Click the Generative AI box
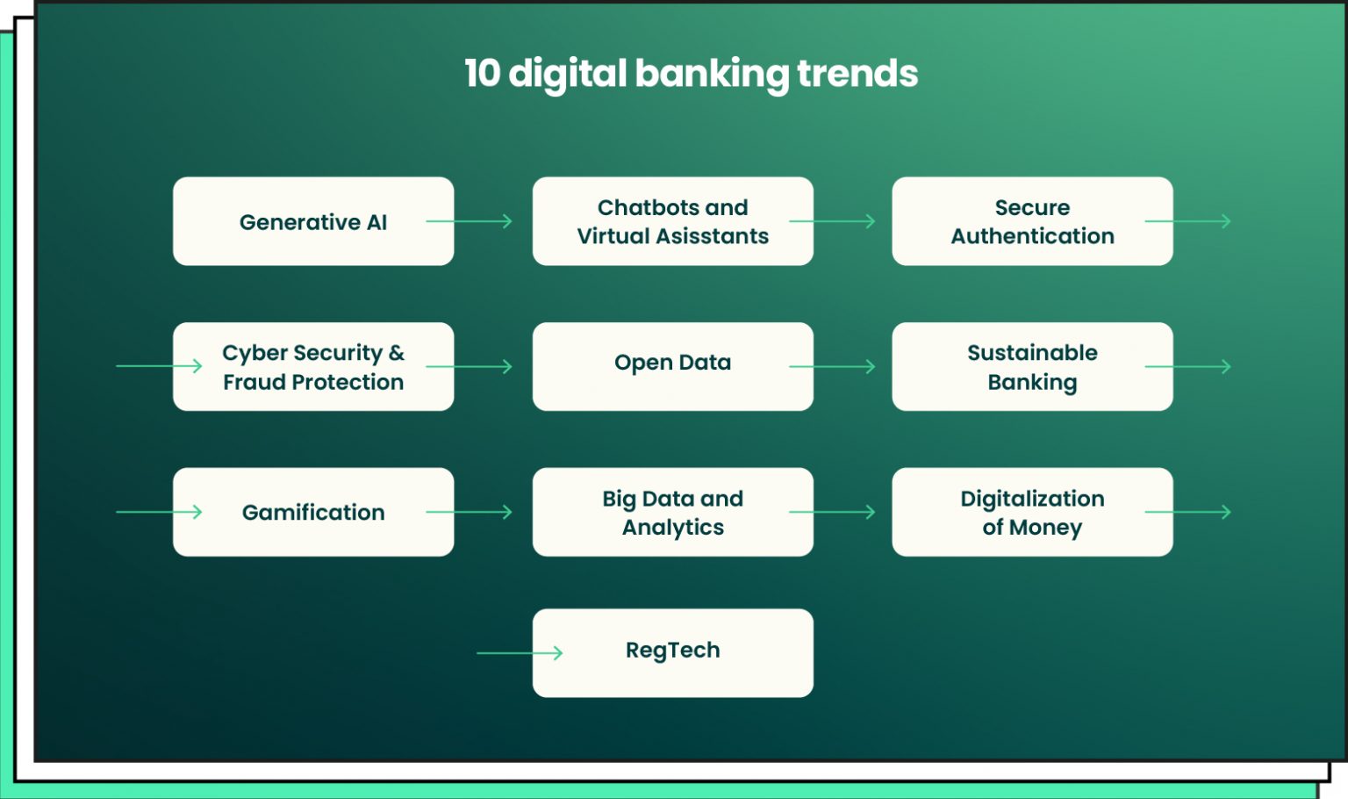tap(313, 221)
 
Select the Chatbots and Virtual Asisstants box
tap(672, 221)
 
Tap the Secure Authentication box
tap(1032, 221)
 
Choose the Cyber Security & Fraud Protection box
tap(313, 367)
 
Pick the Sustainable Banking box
tap(1032, 367)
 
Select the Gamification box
tap(313, 512)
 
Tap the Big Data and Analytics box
tap(672, 512)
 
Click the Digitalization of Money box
tap(1032, 512)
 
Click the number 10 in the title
tap(482, 74)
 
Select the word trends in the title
tap(857, 74)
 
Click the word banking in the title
tap(712, 74)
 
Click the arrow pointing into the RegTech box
tap(520, 652)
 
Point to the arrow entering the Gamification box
tap(159, 512)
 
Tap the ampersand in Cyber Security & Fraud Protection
tap(397, 353)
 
